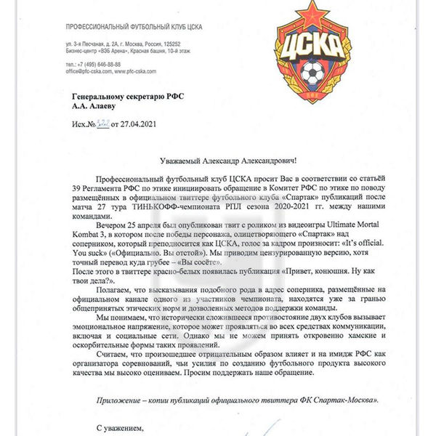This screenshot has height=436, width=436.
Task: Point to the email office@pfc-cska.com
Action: (98, 72)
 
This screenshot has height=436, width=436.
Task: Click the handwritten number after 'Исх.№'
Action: (106, 125)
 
